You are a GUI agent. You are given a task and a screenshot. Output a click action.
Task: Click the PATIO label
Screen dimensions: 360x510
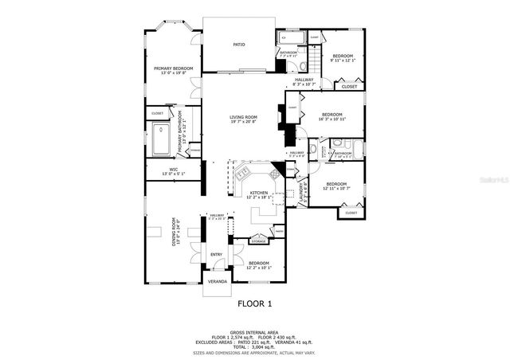238,45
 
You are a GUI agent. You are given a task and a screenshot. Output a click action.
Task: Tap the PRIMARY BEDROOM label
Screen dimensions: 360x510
173,68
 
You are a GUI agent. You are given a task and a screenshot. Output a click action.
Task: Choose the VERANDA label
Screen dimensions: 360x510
217,281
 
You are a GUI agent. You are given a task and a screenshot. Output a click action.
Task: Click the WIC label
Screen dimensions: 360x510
173,169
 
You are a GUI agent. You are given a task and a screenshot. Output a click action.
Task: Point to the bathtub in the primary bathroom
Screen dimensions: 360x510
160,140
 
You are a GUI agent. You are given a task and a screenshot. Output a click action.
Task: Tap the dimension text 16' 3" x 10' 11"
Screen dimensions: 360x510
331,119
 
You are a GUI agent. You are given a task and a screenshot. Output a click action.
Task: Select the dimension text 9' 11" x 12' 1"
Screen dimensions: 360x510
343,59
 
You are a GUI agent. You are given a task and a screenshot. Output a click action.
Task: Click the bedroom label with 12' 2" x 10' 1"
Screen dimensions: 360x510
259,263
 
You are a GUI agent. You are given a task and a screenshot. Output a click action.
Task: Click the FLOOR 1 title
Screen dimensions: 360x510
255,303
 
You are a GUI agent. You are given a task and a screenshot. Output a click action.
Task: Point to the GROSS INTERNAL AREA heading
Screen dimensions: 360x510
254,332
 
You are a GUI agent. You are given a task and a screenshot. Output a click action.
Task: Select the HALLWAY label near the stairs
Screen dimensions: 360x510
304,79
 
